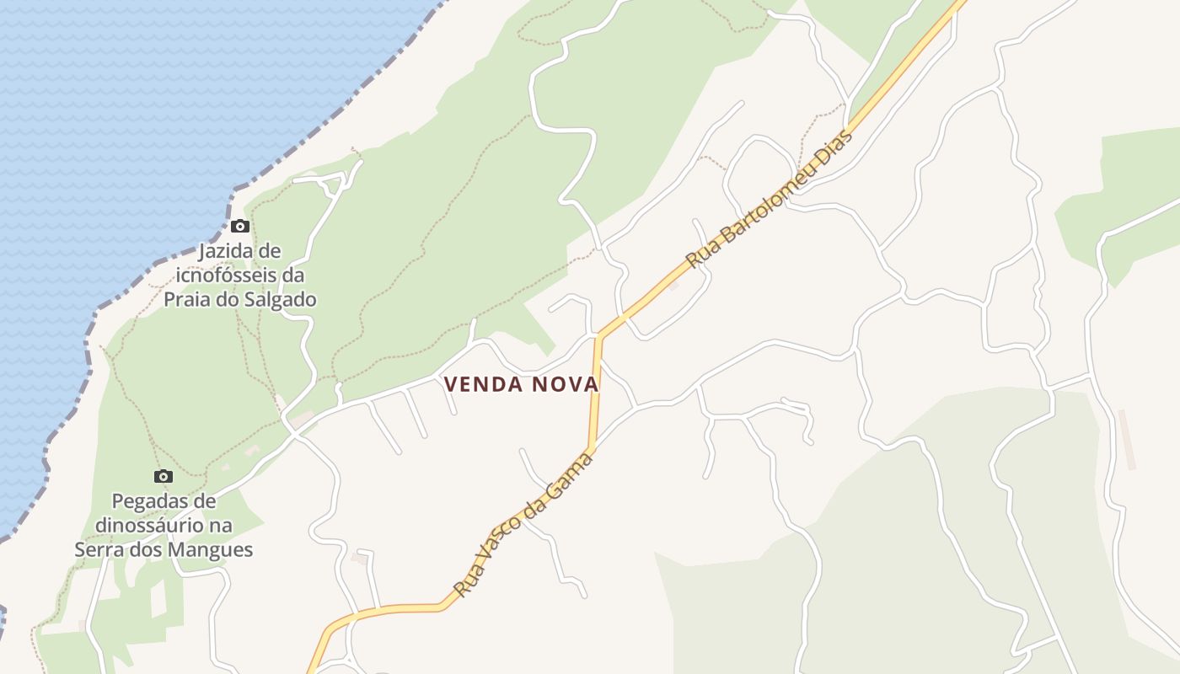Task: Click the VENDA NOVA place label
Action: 521,384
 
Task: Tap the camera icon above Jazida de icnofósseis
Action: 240,226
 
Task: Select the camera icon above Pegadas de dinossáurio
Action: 164,476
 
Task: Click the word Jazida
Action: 227,251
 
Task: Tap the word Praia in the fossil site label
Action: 187,299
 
